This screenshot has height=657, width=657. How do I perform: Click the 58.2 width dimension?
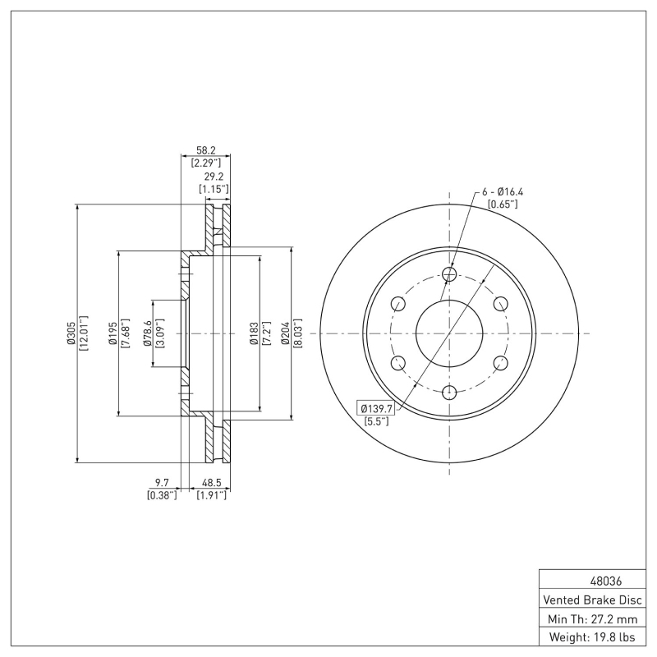(x=205, y=151)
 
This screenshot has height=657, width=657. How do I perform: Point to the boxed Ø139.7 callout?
(x=374, y=408)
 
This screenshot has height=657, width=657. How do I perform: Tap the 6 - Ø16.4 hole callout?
(x=503, y=192)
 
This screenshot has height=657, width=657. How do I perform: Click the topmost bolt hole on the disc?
(x=449, y=273)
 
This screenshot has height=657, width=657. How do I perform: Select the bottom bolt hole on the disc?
(x=449, y=393)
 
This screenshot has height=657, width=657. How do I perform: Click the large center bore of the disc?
(x=449, y=333)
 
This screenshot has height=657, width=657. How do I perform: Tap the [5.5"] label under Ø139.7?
(x=376, y=421)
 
